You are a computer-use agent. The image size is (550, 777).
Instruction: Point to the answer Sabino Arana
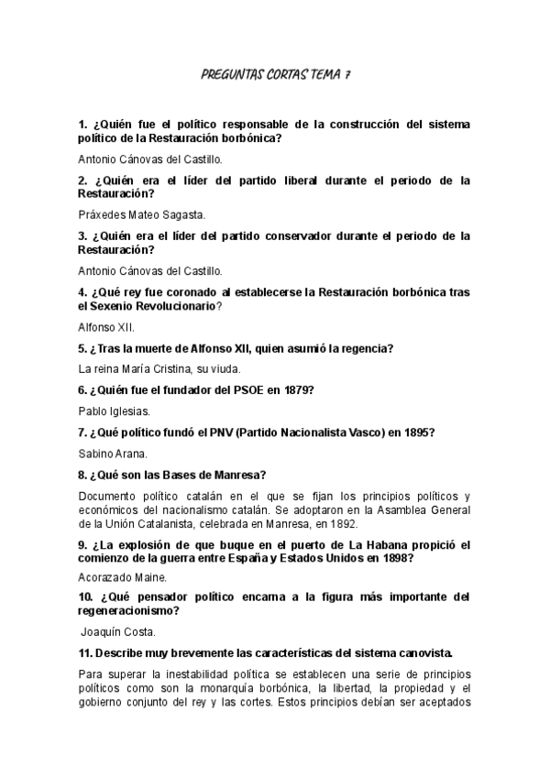(113, 453)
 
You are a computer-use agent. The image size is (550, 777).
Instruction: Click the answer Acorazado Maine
(122, 577)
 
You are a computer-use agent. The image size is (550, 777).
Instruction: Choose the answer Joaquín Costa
(118, 631)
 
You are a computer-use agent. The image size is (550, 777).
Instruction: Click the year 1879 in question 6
(294, 389)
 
